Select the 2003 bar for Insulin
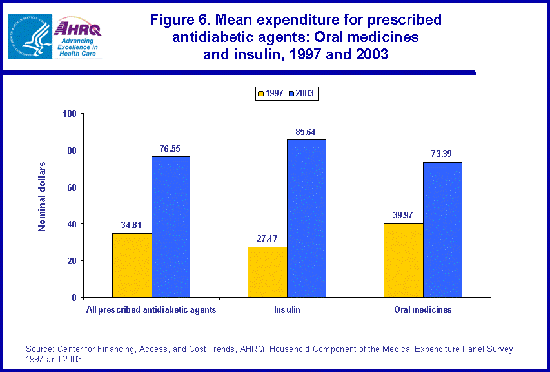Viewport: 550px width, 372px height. (x=307, y=218)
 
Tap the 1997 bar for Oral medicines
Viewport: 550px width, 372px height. (x=404, y=260)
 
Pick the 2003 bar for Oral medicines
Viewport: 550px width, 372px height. (x=443, y=230)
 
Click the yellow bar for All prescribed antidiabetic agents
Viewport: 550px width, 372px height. (x=132, y=265)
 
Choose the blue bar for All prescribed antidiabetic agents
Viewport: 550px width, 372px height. (x=171, y=227)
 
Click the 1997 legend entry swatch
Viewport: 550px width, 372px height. (x=262, y=94)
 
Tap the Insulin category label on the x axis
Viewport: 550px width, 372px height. (x=287, y=310)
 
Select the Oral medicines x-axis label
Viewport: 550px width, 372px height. (x=423, y=310)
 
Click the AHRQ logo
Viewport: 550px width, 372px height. (x=79, y=36)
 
